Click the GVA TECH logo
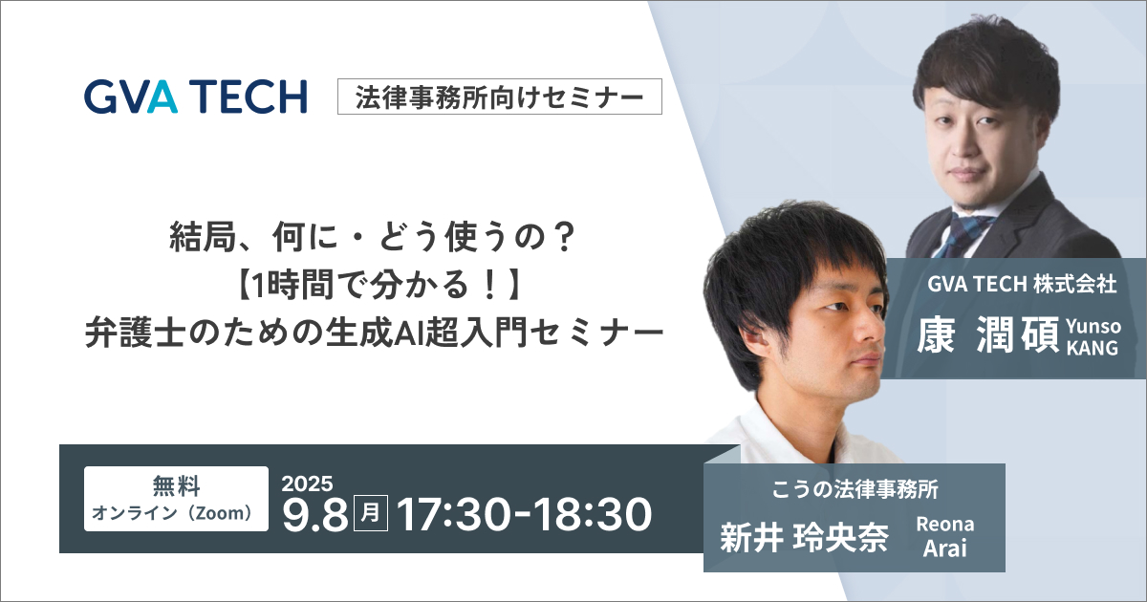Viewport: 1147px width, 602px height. tap(196, 97)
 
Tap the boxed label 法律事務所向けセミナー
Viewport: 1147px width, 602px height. tap(499, 97)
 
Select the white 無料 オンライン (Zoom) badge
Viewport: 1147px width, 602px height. tap(176, 499)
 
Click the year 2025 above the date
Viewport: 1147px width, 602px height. tap(307, 484)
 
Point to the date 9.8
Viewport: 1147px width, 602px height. tap(315, 514)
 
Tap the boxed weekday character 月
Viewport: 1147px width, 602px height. tap(371, 513)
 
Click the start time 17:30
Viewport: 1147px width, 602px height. tap(454, 514)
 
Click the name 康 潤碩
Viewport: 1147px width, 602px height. tap(987, 335)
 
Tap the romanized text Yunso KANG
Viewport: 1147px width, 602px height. tap(1093, 336)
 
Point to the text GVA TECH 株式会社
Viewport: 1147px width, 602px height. tap(1022, 285)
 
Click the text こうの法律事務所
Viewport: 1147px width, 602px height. tap(855, 489)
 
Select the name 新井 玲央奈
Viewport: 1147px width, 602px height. tap(804, 536)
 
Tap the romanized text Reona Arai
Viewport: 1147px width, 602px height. tap(945, 536)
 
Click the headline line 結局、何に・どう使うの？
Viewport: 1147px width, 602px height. tap(374, 238)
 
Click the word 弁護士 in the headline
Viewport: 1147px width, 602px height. tap(135, 333)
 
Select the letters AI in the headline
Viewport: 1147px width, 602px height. tap(408, 333)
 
